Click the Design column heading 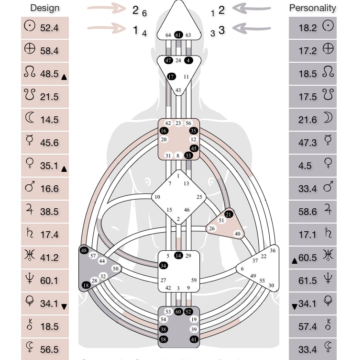pos(44,8)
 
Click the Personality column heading pos(312,8)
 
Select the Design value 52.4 pos(49,28)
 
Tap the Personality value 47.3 pos(308,143)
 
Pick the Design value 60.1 pos(49,281)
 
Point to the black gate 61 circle pos(178,35)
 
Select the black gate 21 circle pos(229,214)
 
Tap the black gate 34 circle pos(164,265)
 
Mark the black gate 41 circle pos(194,339)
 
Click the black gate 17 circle pos(171,77)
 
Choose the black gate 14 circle pos(178,256)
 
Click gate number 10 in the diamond pos(157,197)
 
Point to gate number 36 pos(273,250)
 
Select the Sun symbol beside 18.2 pos(328,27)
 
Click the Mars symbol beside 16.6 pos(29,188)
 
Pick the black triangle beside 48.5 pos(64,77)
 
